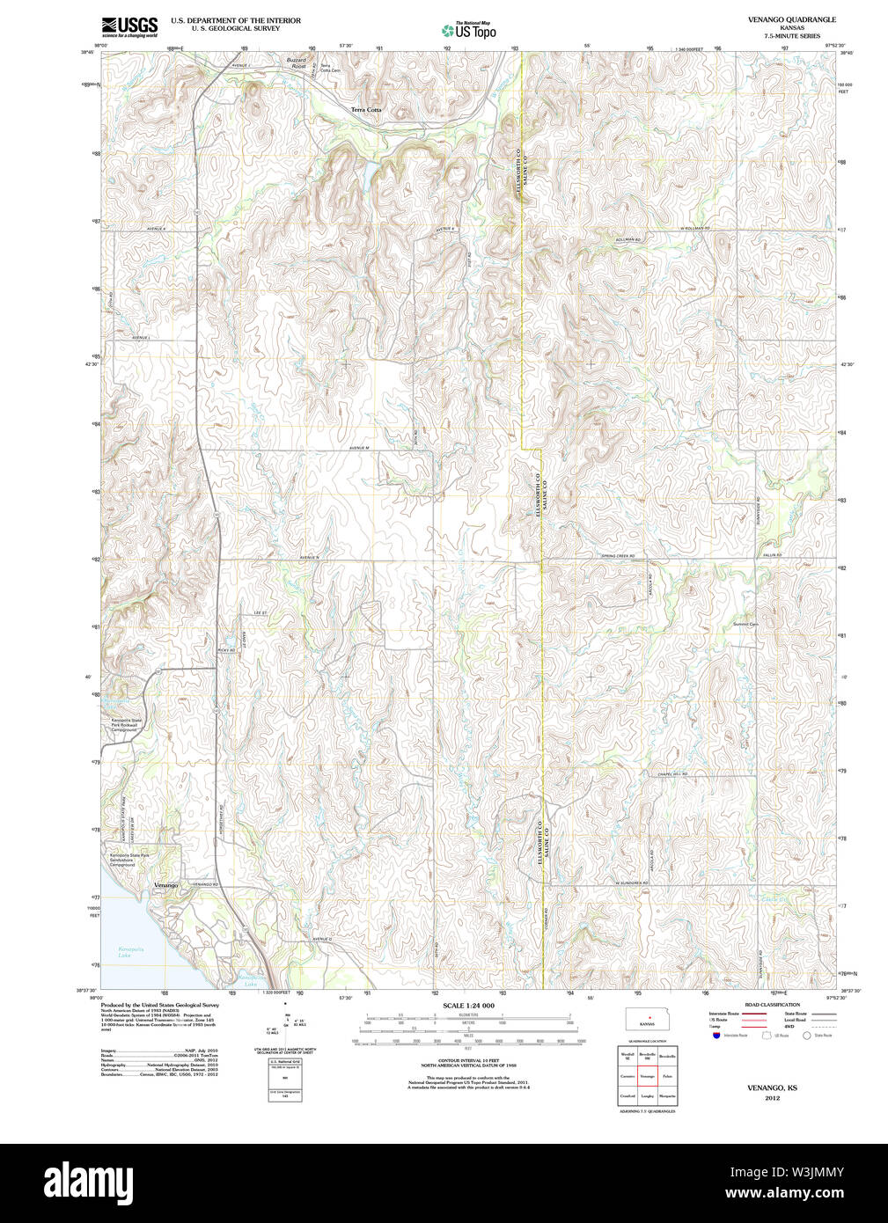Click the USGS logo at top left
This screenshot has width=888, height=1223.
tap(129, 26)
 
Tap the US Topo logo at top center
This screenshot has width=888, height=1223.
tap(469, 30)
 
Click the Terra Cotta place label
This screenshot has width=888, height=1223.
tap(366, 109)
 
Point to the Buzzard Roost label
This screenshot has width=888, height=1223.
tap(297, 62)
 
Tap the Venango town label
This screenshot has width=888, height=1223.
tap(165, 884)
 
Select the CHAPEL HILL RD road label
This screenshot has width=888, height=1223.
tap(672, 773)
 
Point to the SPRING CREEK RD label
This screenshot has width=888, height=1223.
tap(618, 556)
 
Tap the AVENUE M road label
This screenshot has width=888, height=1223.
tap(359, 448)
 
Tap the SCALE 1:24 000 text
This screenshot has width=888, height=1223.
tap(468, 1006)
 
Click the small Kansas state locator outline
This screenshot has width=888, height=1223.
tap(647, 1021)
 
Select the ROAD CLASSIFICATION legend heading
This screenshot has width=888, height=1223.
tap(772, 1005)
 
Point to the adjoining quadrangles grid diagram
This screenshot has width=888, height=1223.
tap(647, 1074)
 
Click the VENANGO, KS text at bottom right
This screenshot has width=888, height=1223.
tap(772, 1088)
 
